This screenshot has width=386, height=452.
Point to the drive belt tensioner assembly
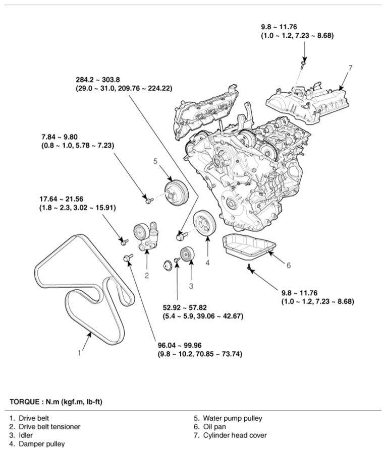coord(145,236)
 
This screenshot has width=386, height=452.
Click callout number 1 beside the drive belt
coord(79,353)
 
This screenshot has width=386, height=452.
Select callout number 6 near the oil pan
coord(289,265)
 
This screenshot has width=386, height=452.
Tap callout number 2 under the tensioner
coord(146,275)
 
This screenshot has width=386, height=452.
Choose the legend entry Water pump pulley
coord(232,418)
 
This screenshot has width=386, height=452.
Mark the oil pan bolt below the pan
coord(249,267)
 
